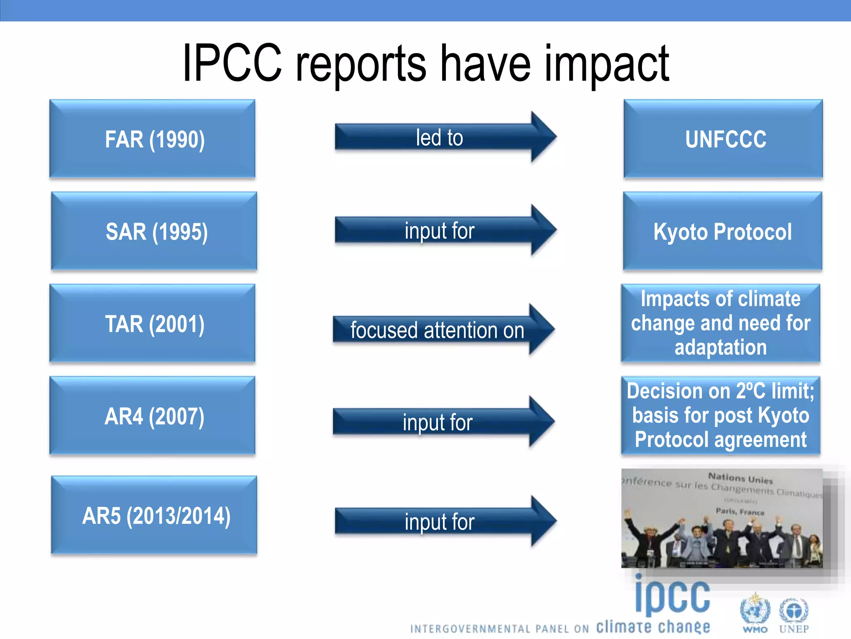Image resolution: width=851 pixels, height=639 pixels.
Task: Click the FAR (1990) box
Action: pos(152,139)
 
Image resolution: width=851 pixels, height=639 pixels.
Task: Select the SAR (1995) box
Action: pos(154,231)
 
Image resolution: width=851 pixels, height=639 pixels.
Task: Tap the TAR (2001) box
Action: pos(152,324)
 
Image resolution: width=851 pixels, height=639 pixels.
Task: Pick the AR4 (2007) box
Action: pos(152,416)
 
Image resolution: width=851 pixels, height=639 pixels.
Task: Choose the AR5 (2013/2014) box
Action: pos(154,515)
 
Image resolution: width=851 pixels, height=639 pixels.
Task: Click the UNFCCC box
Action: pos(723,139)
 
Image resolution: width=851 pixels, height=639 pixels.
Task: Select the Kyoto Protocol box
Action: pos(722,231)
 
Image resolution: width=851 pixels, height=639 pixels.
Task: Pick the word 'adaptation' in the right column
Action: pos(721,347)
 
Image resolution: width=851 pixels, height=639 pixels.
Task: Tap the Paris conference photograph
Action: pos(722,519)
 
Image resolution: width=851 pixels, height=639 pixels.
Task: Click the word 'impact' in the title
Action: pos(607,64)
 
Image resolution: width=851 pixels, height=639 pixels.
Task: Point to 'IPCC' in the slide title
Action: pos(233,63)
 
